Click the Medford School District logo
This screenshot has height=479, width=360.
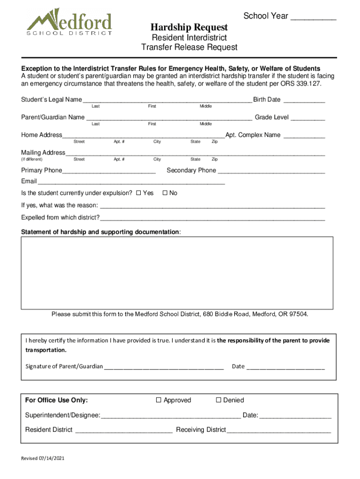click(x=69, y=22)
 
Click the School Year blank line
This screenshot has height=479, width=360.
click(x=313, y=19)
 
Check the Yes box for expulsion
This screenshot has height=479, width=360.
click(x=138, y=193)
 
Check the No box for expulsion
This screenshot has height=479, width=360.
click(x=165, y=193)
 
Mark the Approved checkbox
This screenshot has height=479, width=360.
click(x=158, y=400)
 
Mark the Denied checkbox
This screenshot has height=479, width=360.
click(x=218, y=400)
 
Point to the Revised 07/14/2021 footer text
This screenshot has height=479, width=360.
click(x=43, y=458)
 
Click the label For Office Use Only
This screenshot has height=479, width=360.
click(x=57, y=400)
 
